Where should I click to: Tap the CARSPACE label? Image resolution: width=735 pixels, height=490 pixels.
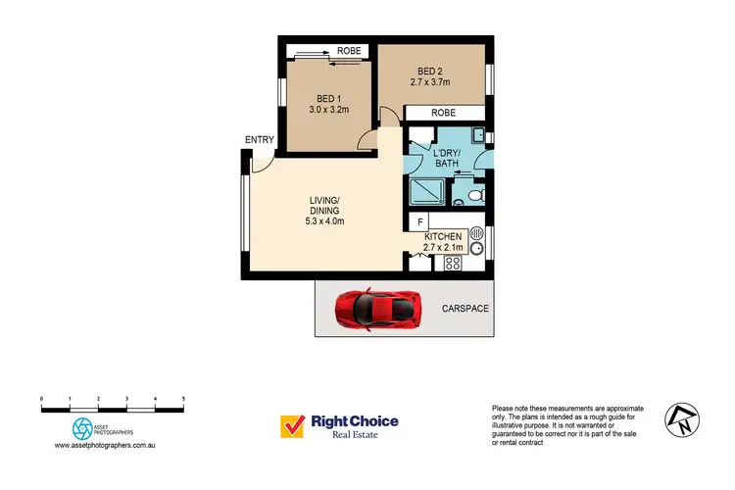465,309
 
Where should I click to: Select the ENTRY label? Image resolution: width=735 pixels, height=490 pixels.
260,140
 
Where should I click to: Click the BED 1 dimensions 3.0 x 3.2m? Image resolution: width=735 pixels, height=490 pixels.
330,111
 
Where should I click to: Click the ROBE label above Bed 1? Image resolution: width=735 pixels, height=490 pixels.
350,50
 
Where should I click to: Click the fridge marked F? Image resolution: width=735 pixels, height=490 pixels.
418,222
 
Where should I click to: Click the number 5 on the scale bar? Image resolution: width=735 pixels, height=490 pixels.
183,399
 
